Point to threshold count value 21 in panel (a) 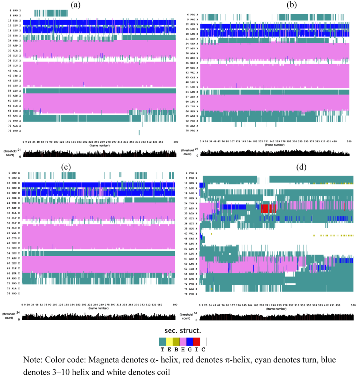pos(19,150)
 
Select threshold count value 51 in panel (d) pos(195,313)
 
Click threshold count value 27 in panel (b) pos(196,149)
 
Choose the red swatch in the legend pos(197,342)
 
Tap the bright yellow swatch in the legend pos(169,342)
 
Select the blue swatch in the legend pos(190,342)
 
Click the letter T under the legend pos(162,349)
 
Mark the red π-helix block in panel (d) pos(268,208)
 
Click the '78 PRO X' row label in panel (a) pos(15,130)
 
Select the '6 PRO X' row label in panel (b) pos(192,14)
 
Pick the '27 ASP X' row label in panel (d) pos(191,208)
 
